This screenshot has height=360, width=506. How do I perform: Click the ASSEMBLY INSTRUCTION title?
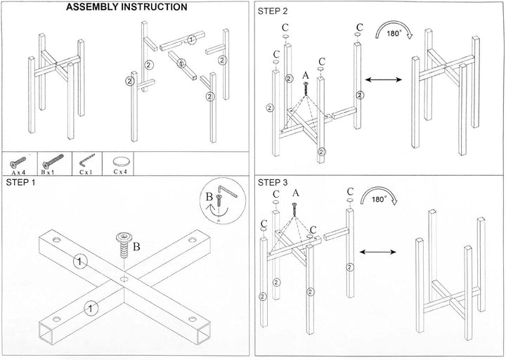coord(126,7)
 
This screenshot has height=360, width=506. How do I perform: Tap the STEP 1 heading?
coord(20,182)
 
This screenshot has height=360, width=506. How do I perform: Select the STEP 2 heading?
coord(273,11)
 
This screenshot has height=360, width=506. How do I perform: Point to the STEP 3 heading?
coord(273,183)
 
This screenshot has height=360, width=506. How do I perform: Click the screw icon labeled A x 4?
coord(18,162)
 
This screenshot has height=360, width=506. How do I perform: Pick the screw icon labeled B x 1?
coord(53,161)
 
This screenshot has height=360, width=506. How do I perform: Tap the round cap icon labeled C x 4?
coord(122,161)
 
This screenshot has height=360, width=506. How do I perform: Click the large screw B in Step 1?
coord(124,245)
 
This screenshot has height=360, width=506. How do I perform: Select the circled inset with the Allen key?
coord(223,200)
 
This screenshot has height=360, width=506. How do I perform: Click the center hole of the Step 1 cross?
coord(124,278)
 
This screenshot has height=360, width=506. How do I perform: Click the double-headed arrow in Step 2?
coord(384,79)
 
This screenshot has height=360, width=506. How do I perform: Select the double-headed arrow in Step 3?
coord(378,252)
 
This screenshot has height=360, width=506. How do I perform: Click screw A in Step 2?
coord(305,88)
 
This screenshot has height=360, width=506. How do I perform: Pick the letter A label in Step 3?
coord(296,193)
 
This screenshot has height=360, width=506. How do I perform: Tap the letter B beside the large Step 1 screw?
coord(136,247)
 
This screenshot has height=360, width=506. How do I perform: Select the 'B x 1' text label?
coord(48,172)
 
